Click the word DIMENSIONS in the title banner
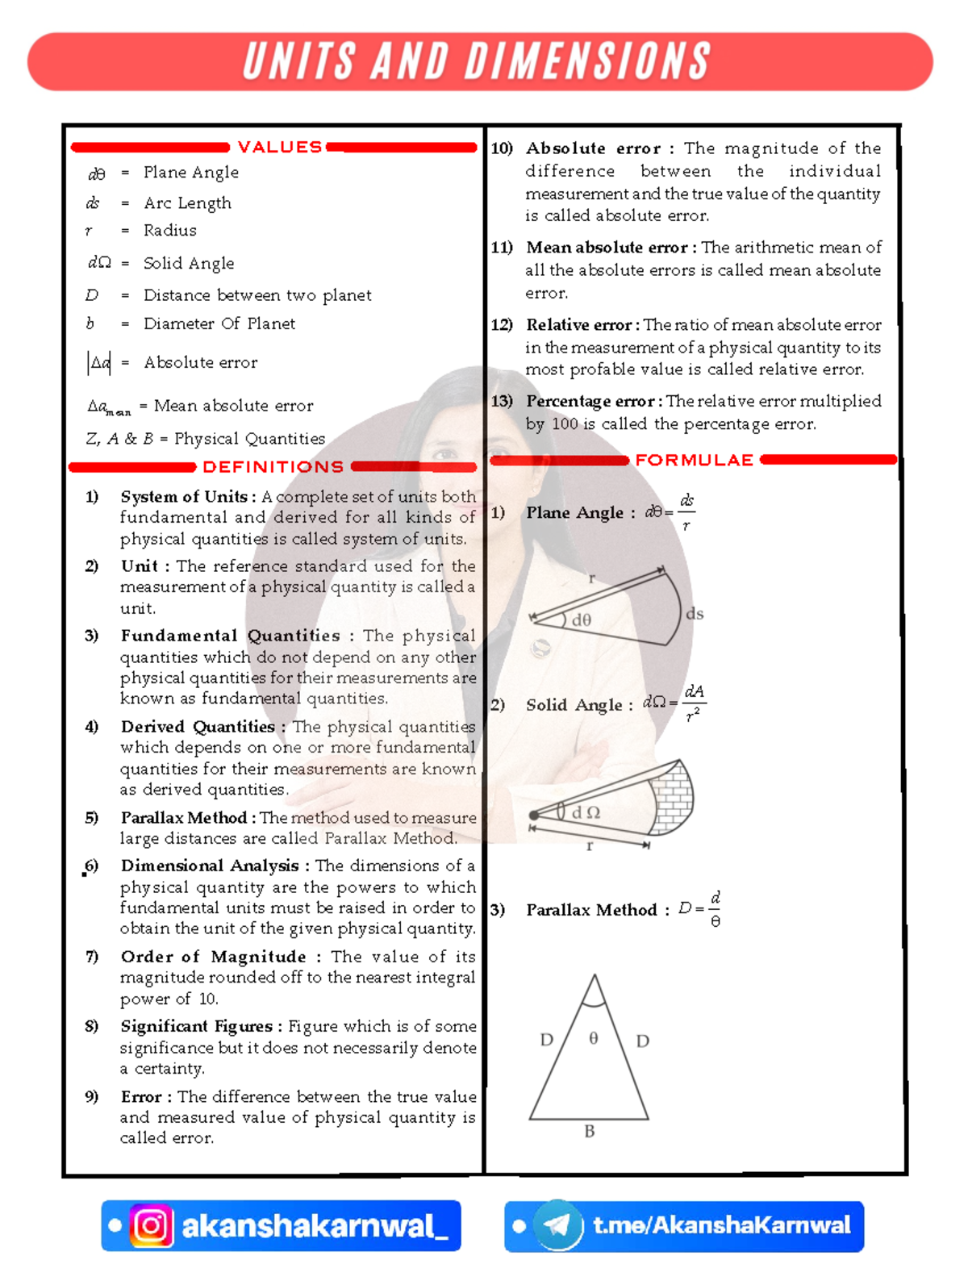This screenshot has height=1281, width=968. pos(587,61)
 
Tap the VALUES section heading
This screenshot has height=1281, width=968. pos(280,147)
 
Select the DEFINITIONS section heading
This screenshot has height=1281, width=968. pos(273,467)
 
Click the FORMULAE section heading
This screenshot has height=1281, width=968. pos(694,460)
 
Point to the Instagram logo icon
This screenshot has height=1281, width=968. pos(152,1226)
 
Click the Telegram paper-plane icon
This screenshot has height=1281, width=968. pos(557,1226)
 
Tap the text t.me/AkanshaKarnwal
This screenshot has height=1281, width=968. pos(721,1225)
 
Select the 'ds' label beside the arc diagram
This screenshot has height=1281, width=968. pos(695,614)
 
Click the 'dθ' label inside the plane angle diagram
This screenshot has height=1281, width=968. pos(582,620)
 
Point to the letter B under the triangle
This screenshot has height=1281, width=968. pos(590,1132)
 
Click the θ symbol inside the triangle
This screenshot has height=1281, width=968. pos(594,1038)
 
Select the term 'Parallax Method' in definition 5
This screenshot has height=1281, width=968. pos(184,817)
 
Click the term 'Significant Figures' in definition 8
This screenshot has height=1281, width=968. pos(197,1026)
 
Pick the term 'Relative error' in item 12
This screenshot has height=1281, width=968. pos(578,324)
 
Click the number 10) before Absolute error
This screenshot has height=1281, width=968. pos(502,148)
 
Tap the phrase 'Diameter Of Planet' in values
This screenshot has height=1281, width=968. pos(219,323)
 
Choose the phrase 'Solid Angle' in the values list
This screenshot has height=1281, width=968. pos(189,263)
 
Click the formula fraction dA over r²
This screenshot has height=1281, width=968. pos(694,703)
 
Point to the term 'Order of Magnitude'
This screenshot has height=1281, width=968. pos(213,957)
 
